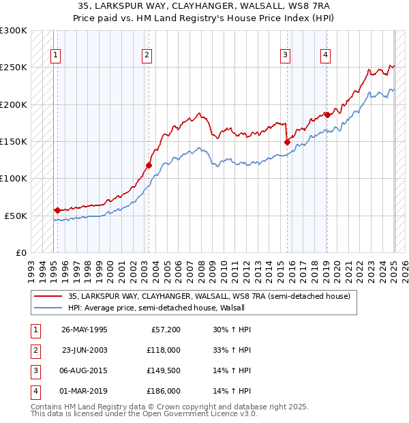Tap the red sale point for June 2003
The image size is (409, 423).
coord(149,165)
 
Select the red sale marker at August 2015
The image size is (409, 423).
coord(286,142)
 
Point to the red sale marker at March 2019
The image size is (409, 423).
coord(327,115)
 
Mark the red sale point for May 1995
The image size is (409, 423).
coord(57,210)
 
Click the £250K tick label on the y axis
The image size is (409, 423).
coord(14,68)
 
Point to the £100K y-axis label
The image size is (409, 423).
coord(14,179)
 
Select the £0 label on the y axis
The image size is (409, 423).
coord(19,252)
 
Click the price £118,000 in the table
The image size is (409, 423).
coord(164,350)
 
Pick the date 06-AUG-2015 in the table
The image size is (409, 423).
coord(85,370)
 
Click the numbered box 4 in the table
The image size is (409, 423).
coord(34,391)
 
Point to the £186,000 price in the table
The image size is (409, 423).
coord(164,391)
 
